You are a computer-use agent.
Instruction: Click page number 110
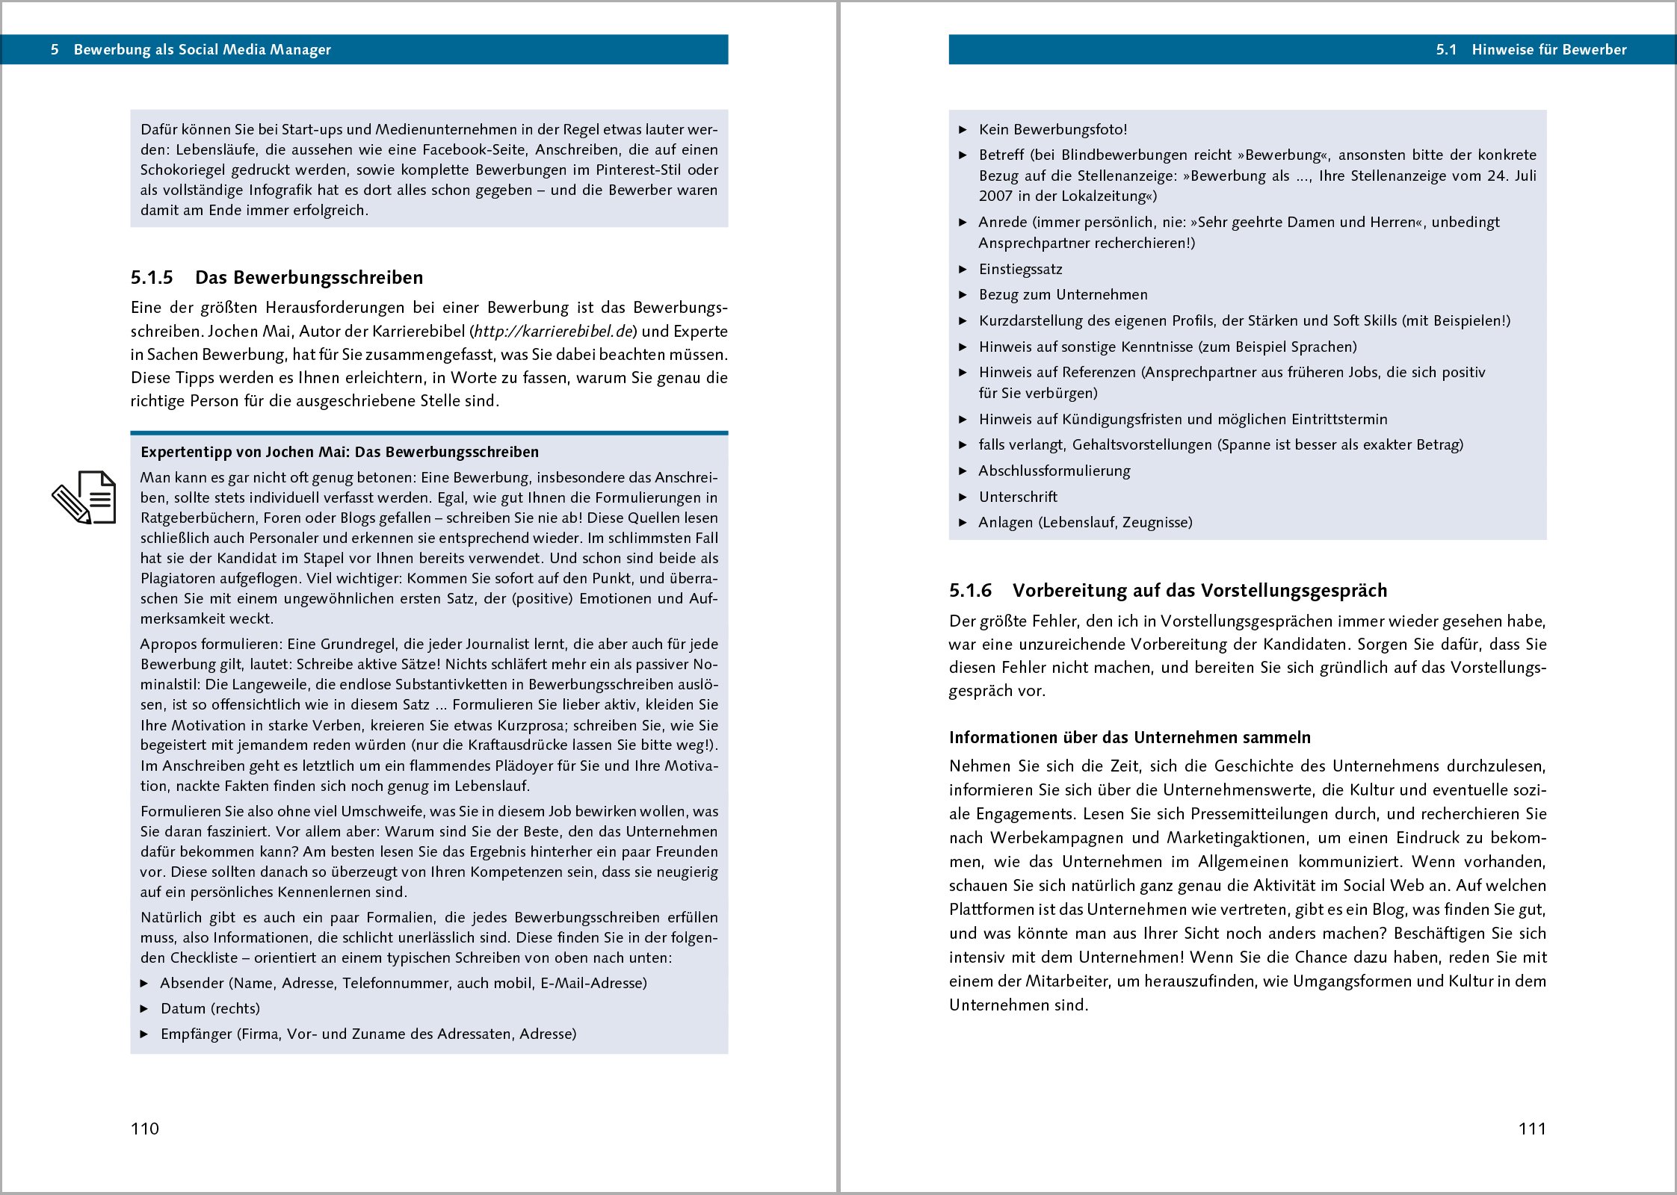(145, 1129)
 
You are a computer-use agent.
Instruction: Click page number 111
(1532, 1129)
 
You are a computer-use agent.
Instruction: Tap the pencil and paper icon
(84, 497)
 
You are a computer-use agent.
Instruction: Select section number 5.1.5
(152, 278)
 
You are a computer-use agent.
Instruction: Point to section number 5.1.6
(970, 591)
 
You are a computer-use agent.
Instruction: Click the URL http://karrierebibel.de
(554, 332)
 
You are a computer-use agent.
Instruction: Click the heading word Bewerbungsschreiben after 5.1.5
(328, 278)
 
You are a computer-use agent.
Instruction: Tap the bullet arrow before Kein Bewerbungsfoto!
(963, 130)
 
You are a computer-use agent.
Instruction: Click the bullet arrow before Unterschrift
(963, 497)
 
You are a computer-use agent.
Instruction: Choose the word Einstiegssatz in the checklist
(1020, 270)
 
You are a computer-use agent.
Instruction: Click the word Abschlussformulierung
(1054, 471)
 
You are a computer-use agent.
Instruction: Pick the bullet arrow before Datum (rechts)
(145, 1009)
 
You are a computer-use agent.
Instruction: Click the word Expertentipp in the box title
(185, 453)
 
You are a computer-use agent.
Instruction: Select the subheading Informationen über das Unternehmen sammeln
(1129, 738)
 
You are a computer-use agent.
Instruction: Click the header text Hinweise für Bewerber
(1548, 50)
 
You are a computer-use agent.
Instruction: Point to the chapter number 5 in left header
(55, 50)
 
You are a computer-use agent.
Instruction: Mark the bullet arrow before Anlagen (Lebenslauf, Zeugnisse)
(963, 523)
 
